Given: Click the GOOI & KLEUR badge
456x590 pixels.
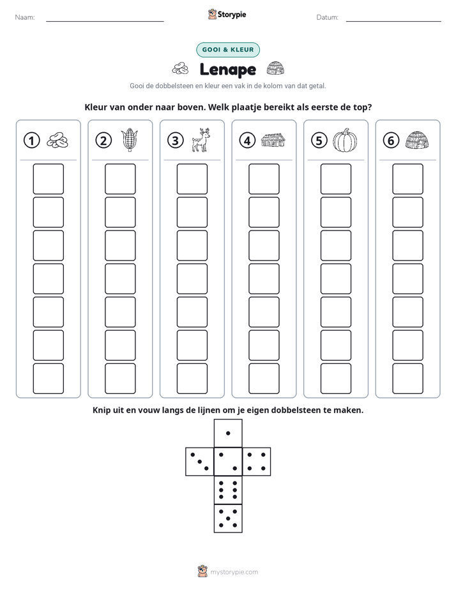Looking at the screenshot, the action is pos(228,50).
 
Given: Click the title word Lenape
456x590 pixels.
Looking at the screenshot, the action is pos(227,70).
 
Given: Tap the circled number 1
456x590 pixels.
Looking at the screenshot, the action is pos(31,140).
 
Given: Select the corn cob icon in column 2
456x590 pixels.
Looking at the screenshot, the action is pos(130,140).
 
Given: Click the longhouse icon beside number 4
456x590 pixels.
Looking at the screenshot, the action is pos(273,140).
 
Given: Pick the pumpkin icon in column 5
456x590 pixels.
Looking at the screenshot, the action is pos(345,140).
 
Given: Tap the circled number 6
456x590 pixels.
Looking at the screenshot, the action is pos(391,140).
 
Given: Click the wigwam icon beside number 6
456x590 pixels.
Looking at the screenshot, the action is pos(417,140).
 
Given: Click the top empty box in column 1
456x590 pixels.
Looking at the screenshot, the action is pos(48,179).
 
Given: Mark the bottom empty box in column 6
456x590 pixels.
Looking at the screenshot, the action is pos(408,379).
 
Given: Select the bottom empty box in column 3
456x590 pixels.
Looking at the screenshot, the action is pos(192,379).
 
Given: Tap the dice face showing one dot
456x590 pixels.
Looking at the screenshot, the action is pos(228,433).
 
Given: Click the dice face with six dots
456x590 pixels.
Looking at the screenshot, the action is pos(228,490).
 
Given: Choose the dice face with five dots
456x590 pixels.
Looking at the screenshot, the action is pos(228,518).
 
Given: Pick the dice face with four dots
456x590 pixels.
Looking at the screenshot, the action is pos(257,462).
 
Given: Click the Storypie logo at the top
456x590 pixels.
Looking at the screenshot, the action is pos(227,14).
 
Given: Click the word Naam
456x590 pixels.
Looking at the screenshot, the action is pos(25,17).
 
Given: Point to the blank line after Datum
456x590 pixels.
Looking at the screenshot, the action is pos(393,21).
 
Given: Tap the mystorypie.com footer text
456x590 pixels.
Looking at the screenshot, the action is pos(234,572).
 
